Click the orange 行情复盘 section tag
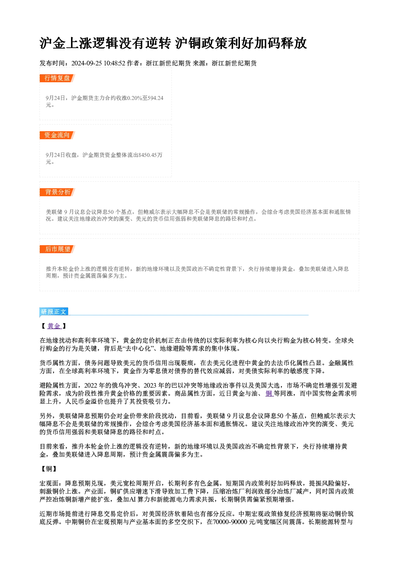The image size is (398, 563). (57, 78)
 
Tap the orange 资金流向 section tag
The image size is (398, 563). (57, 135)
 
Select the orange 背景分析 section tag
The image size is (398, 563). (57, 192)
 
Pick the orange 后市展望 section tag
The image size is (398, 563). (57, 249)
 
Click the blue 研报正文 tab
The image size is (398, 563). (54, 312)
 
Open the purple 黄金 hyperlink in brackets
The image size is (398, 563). (54, 326)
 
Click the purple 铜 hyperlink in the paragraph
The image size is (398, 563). (269, 394)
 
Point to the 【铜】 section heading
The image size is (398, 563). (49, 469)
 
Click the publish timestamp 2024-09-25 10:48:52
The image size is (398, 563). (98, 63)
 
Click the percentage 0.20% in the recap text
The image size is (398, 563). (135, 98)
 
